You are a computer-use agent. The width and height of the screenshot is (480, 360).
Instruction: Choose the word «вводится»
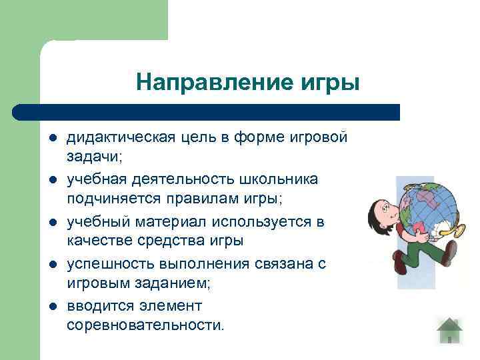click(96, 306)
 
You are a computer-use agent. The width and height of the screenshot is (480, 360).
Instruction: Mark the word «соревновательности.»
click(145, 325)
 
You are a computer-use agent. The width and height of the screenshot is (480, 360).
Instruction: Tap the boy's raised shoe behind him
click(449, 253)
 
